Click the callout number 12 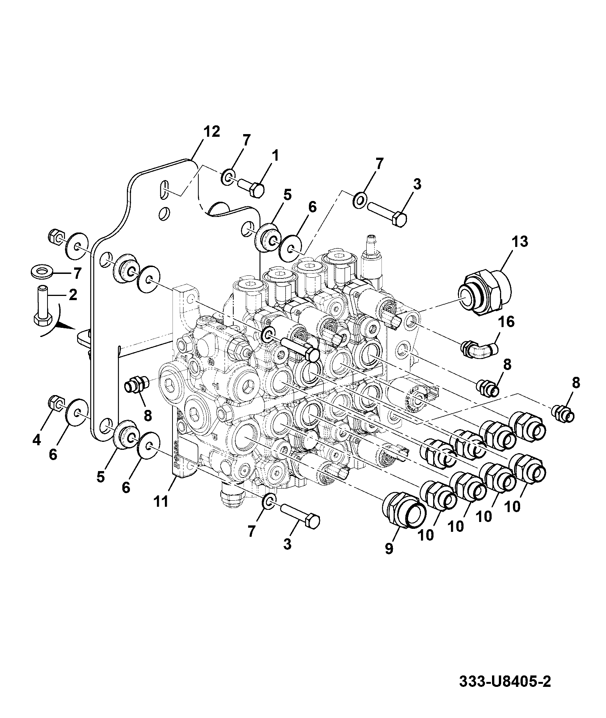pyautogui.click(x=211, y=132)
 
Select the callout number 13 pyautogui.click(x=519, y=242)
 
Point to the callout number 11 pyautogui.click(x=161, y=501)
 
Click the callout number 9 pyautogui.click(x=389, y=549)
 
